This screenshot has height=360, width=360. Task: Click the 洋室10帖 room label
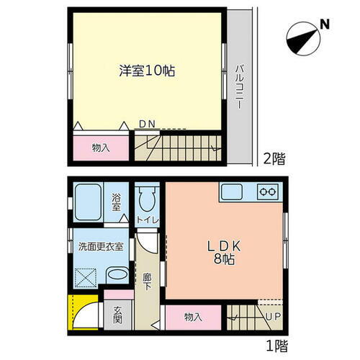tap(148, 71)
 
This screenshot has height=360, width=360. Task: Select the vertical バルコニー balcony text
tap(239, 87)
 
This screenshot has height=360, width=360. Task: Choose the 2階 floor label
tap(271, 159)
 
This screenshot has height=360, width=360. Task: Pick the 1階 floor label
tap(271, 346)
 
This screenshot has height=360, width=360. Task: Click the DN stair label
tap(147, 125)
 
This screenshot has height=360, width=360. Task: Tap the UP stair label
tap(273, 315)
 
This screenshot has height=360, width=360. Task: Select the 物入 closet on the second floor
tap(101, 147)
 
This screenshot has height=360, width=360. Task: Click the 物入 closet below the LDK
tap(192, 316)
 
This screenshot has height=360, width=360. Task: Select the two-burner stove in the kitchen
tap(268, 192)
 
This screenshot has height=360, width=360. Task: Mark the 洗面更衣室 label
tap(101, 246)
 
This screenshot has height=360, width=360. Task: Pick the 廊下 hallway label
tap(146, 281)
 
